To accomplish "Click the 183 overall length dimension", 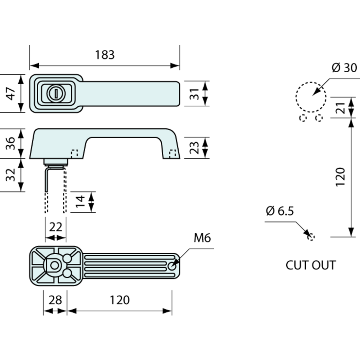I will click(105, 55).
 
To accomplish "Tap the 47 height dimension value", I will click(11, 94).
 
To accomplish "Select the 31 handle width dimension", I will click(195, 94).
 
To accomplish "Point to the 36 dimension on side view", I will click(11, 143).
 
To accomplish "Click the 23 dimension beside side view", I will click(195, 147).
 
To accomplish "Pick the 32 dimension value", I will click(11, 175).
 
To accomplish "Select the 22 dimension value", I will click(55, 226).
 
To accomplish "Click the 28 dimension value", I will click(55, 300).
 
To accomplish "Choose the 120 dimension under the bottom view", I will click(119, 300).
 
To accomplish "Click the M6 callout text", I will click(202, 238).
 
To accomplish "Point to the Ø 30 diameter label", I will click(344, 68).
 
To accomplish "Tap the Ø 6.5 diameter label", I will click(280, 211).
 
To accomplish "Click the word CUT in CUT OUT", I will click(297, 265).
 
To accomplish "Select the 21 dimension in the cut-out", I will click(341, 107).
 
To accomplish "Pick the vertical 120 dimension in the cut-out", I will click(341, 177).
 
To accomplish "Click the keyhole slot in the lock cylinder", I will click(56, 94).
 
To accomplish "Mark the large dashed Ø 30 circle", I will click(311, 97).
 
